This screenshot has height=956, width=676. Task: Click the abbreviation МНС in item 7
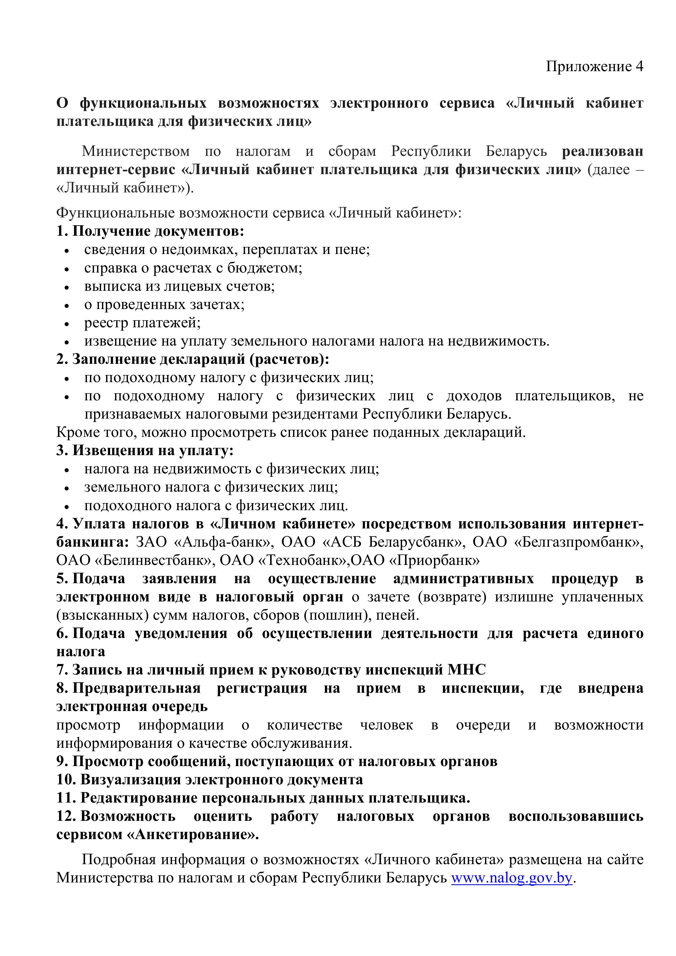tap(466, 670)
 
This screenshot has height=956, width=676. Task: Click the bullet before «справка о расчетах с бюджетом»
tap(67, 268)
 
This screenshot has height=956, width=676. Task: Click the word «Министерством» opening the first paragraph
tap(136, 151)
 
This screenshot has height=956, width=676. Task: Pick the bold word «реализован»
tap(602, 151)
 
